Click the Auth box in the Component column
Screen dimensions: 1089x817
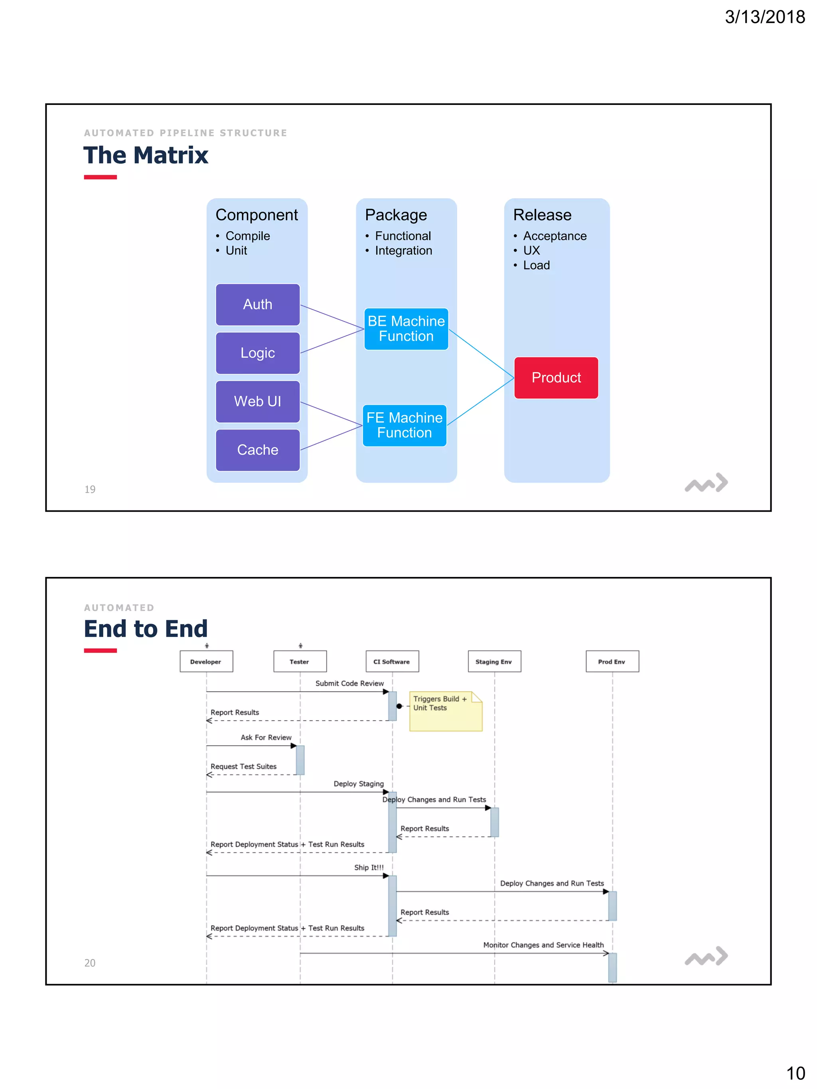tap(258, 304)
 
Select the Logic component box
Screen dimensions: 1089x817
tap(258, 353)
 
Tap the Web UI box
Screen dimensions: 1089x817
tap(258, 401)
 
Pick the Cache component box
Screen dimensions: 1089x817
tap(258, 450)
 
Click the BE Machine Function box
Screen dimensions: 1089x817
tap(406, 329)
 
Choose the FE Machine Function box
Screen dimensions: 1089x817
tap(405, 425)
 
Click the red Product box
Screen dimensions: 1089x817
tap(556, 378)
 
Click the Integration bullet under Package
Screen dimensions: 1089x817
tap(403, 250)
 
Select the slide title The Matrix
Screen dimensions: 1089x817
tap(146, 155)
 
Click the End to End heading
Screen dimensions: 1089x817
tap(146, 629)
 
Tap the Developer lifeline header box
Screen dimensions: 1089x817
tap(206, 662)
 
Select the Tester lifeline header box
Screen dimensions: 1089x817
tap(300, 662)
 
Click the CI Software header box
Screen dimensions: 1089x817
tap(392, 662)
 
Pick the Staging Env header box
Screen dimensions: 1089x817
tap(494, 662)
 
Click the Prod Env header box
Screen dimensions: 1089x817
tap(612, 662)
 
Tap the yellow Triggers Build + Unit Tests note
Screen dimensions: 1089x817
tap(445, 711)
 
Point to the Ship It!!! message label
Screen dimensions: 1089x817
tap(369, 867)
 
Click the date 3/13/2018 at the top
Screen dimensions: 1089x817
tap(764, 17)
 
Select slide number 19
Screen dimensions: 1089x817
tap(90, 489)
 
